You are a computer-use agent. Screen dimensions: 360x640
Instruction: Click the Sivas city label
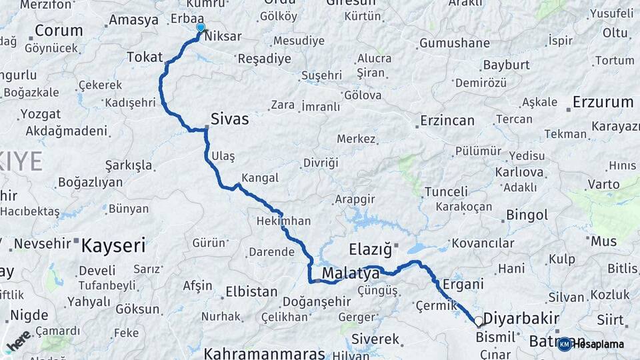pyautogui.click(x=229, y=119)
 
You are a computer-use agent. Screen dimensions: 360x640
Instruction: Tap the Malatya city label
pyautogui.click(x=351, y=273)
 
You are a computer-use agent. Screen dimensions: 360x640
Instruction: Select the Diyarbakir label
pyautogui.click(x=521, y=318)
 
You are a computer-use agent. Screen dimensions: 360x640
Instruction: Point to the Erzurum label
pyautogui.click(x=603, y=103)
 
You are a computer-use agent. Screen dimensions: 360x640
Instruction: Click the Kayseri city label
pyautogui.click(x=113, y=245)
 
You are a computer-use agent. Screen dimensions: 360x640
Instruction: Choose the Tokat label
pyautogui.click(x=145, y=57)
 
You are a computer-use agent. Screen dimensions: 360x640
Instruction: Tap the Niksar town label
pyautogui.click(x=223, y=37)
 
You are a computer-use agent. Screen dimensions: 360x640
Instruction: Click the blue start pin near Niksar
pyautogui.click(x=200, y=28)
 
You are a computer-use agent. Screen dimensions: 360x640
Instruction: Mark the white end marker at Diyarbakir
pyautogui.click(x=478, y=321)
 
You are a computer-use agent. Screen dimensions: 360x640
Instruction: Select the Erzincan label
pyautogui.click(x=447, y=121)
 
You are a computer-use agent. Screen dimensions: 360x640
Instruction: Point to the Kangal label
pyautogui.click(x=260, y=178)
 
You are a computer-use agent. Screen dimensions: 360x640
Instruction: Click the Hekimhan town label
pyautogui.click(x=283, y=221)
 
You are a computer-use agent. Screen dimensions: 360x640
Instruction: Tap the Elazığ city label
pyautogui.click(x=370, y=250)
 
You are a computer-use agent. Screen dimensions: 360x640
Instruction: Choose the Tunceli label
pyautogui.click(x=446, y=192)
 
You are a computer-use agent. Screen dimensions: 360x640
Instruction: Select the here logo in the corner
pyautogui.click(x=18, y=341)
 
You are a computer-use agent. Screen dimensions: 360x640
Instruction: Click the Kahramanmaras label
pyautogui.click(x=264, y=353)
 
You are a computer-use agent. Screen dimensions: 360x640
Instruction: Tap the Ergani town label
pyautogui.click(x=463, y=284)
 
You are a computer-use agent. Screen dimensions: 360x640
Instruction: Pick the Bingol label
pyautogui.click(x=527, y=215)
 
